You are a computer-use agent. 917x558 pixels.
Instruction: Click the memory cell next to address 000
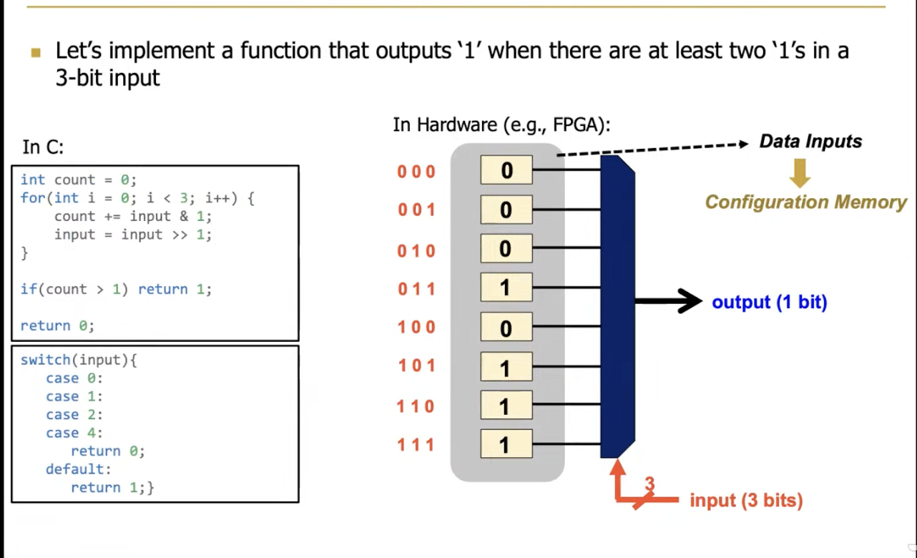(x=506, y=170)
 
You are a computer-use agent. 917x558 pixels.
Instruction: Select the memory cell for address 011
(x=506, y=288)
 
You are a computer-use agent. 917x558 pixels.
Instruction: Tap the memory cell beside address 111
(x=506, y=444)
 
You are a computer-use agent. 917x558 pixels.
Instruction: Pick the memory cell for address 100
(x=506, y=328)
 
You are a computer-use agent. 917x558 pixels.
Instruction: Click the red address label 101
(x=417, y=366)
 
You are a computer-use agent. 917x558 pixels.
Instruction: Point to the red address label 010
(x=417, y=251)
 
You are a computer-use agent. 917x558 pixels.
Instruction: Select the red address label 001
(x=417, y=210)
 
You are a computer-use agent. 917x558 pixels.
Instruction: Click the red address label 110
(x=416, y=406)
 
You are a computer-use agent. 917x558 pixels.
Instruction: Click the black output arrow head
(x=690, y=301)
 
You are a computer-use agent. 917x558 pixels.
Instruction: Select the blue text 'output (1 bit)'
(x=769, y=302)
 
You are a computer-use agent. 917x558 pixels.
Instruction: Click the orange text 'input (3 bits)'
(x=746, y=500)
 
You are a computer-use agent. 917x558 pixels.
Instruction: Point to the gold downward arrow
(x=800, y=173)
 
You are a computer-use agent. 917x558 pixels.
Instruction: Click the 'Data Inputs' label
(x=810, y=142)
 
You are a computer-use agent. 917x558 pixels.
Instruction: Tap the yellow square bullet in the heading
(x=36, y=52)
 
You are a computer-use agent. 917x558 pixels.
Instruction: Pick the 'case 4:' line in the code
(x=74, y=433)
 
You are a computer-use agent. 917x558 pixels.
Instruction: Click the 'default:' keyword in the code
(x=79, y=469)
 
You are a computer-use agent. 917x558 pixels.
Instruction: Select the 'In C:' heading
(x=43, y=147)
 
